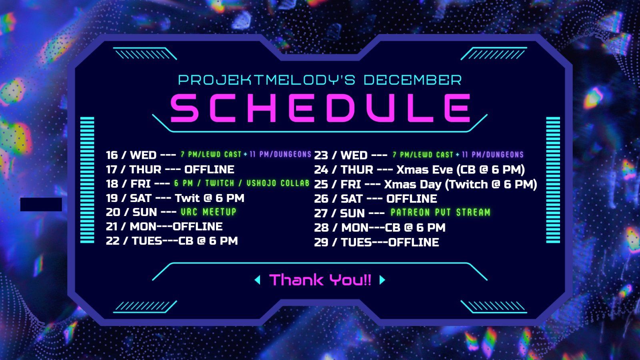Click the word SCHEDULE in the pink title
click(320, 108)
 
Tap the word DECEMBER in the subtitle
click(412, 80)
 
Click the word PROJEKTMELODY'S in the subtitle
click(266, 80)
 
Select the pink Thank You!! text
click(320, 280)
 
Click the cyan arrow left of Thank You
click(257, 280)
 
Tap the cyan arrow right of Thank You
click(382, 280)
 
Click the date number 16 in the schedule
click(112, 155)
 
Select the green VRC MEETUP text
click(208, 212)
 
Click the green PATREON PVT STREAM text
click(440, 212)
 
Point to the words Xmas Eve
click(424, 170)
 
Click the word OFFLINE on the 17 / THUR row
click(209, 169)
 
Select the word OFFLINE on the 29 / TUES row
click(414, 242)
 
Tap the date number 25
click(321, 184)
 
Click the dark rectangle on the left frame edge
click(41, 204)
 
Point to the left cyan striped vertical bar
click(87, 180)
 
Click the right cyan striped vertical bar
click(553, 180)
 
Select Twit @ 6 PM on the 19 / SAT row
click(210, 198)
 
